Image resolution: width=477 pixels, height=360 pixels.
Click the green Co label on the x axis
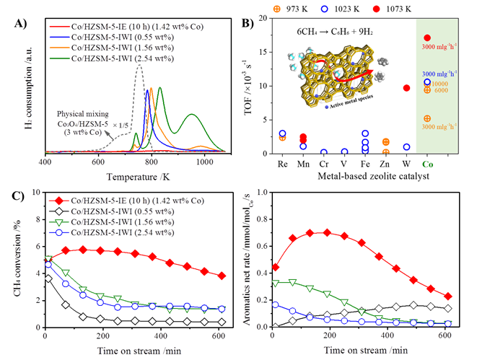pos(427,163)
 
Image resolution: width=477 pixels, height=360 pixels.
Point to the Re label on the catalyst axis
pos(282,163)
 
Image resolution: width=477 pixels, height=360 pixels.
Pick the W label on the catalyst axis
pos(406,163)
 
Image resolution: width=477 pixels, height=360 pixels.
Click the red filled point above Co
pos(427,38)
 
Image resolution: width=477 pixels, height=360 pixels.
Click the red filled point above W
pos(406,88)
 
